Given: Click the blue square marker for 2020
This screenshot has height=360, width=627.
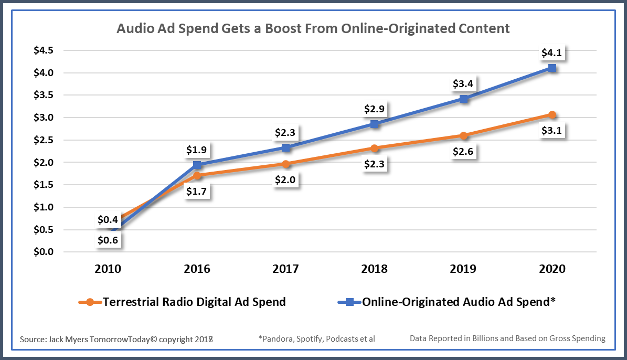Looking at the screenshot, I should click(551, 68).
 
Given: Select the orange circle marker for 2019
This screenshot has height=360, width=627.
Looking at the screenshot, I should click(463, 135).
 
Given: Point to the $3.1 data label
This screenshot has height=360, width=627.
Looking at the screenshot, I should click(551, 131).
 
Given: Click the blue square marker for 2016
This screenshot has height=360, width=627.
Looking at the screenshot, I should click(197, 165).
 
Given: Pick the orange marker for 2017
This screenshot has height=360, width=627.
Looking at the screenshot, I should click(285, 164).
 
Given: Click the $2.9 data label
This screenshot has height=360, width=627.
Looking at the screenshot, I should click(375, 110).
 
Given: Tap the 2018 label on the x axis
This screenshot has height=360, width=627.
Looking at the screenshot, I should click(374, 269).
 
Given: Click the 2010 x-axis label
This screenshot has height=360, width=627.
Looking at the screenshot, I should click(108, 269).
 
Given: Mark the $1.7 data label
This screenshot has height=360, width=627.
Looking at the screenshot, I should click(197, 192).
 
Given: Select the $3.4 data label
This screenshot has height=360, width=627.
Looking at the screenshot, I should click(463, 84).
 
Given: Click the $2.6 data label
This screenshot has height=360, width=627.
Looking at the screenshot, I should click(463, 152).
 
